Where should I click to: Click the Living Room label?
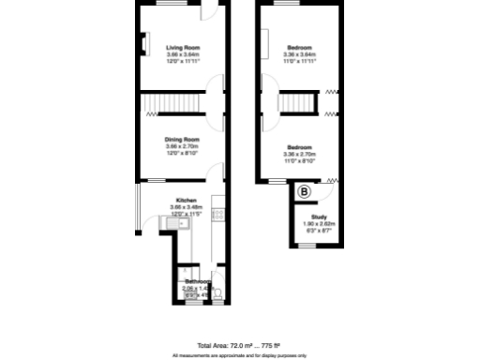click(183, 47)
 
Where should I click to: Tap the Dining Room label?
click(183, 138)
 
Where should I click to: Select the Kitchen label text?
click(183, 200)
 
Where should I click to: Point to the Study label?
click(317, 217)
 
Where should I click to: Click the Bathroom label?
click(197, 281)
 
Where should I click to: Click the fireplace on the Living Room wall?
click(143, 44)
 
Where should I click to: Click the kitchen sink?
click(184, 222)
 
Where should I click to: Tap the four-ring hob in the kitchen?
click(217, 215)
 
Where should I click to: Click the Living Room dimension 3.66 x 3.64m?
click(183, 54)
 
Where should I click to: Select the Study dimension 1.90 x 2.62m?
click(319, 223)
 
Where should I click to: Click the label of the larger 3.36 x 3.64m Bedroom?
click(300, 47)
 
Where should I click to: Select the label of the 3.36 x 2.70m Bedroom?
click(300, 147)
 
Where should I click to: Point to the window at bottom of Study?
click(307, 246)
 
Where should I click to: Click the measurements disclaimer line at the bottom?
click(239, 355)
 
